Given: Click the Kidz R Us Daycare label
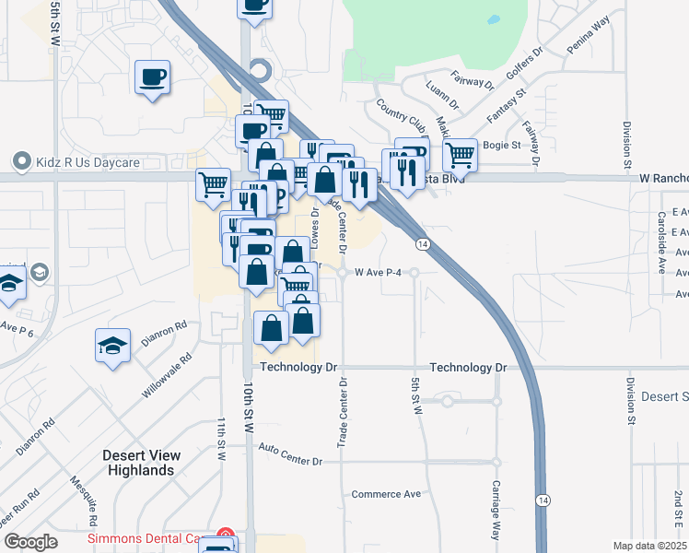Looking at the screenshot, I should (88, 163).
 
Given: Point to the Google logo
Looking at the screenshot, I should (31, 542).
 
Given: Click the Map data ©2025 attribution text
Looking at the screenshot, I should (650, 546).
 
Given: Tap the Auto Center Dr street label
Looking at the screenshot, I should (291, 454).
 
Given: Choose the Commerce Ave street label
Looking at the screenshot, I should (386, 494).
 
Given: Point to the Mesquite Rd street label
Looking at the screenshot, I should (84, 499).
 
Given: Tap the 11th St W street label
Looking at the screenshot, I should (222, 439).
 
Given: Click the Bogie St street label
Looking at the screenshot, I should (503, 145).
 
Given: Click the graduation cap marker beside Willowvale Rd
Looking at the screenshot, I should (112, 346).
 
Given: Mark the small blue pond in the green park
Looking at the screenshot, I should (493, 18).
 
